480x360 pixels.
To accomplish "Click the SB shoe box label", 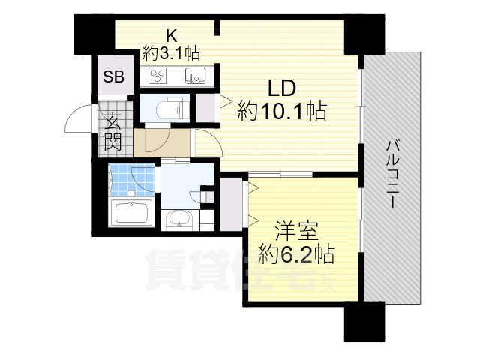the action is (x=113, y=76).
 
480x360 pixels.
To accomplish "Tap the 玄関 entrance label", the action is (x=113, y=131).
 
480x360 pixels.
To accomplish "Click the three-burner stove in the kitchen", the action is (x=157, y=76).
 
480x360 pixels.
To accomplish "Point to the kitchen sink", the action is (x=195, y=76).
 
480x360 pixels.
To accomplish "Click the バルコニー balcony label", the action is (x=391, y=174).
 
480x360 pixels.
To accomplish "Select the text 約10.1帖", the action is (x=282, y=110).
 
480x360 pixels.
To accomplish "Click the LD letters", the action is (x=282, y=88).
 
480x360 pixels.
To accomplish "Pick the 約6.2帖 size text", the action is (x=296, y=253).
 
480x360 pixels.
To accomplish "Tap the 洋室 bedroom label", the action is (x=297, y=231).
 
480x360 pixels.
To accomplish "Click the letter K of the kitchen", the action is (x=172, y=37).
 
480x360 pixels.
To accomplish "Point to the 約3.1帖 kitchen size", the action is (x=172, y=53).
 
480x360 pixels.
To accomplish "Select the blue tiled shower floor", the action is (x=132, y=180).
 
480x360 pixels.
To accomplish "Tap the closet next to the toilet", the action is (x=205, y=108).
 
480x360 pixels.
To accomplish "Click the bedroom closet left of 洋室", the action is (x=231, y=204).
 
